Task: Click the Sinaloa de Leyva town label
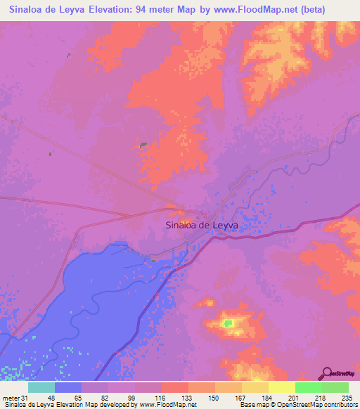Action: pyautogui.click(x=201, y=226)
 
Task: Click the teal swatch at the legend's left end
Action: pyautogui.click(x=41, y=387)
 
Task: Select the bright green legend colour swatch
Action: pyautogui.click(x=308, y=387)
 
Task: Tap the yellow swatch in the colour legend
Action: pyautogui.click(x=281, y=387)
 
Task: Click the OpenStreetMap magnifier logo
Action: pyautogui.click(x=327, y=374)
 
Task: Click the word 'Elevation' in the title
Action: pyautogui.click(x=121, y=9)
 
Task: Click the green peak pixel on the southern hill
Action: pyautogui.click(x=228, y=323)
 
